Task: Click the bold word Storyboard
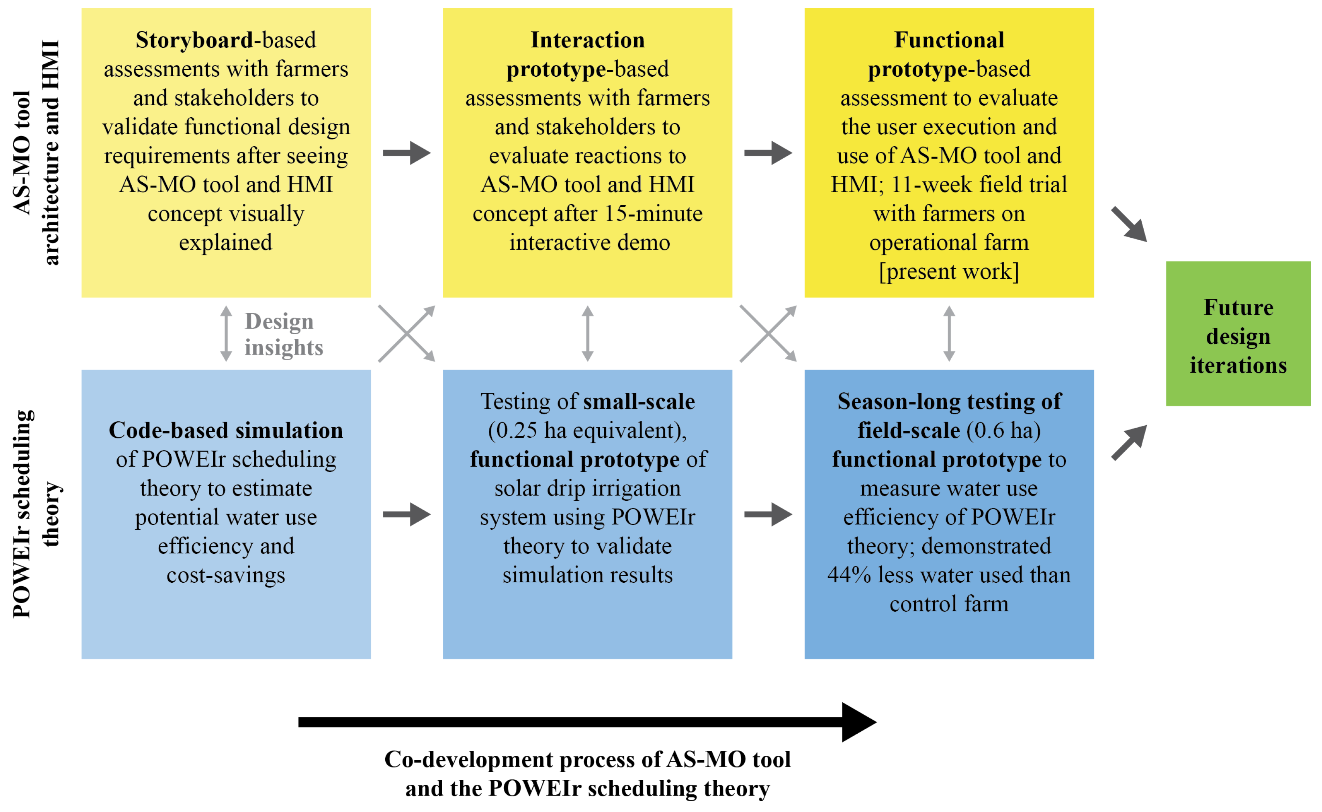tap(194, 40)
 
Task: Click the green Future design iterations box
tap(1238, 334)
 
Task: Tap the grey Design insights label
tap(284, 334)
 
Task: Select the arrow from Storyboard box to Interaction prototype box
tap(406, 153)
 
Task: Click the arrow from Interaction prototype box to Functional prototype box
tap(768, 153)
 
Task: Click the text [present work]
tap(949, 272)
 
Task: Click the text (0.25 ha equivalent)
tap(587, 431)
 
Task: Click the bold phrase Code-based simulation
tap(226, 431)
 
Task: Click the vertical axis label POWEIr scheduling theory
tap(37, 514)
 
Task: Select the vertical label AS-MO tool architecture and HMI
tap(37, 153)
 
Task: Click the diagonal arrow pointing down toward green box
tap(1129, 224)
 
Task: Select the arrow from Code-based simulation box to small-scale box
tap(406, 514)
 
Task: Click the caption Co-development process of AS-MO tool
tap(587, 759)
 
